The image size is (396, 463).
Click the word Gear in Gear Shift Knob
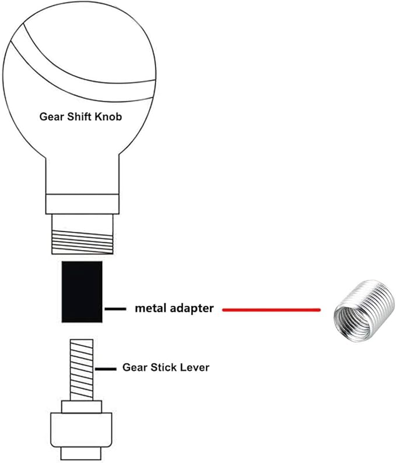tap(51, 116)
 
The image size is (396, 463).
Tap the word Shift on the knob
tap(79, 116)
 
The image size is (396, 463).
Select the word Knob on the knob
tap(108, 116)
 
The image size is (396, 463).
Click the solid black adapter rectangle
tap(82, 292)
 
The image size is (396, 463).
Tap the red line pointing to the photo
tap(271, 310)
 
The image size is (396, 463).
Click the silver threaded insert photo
tap(364, 311)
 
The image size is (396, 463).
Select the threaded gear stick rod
tap(82, 370)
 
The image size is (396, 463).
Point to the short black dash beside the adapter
tap(115, 309)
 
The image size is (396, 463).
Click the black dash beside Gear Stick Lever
tap(106, 369)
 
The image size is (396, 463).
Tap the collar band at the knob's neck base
tap(82, 204)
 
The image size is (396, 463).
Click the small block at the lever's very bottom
tap(81, 454)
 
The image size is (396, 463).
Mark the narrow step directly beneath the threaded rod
tap(81, 407)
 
